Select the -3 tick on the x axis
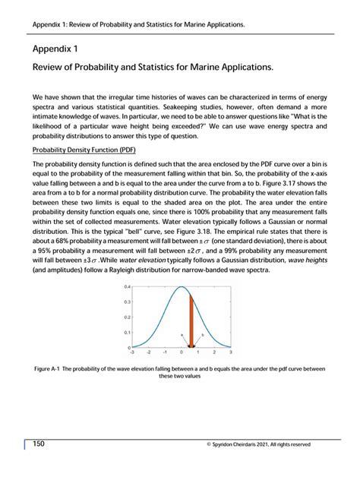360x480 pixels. pos(132,352)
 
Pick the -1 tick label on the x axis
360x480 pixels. pos(165,352)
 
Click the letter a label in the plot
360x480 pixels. pos(182,333)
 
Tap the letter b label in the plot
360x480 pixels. pos(202,334)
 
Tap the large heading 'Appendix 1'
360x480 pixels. pos(55,48)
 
